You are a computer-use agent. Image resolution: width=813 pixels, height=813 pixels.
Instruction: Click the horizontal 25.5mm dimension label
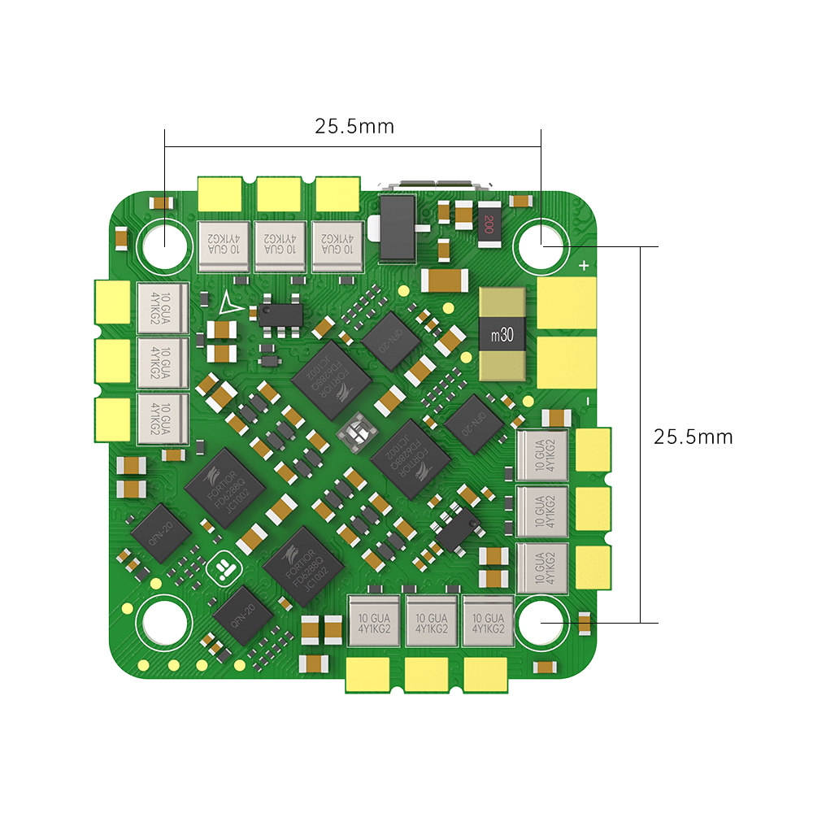354,126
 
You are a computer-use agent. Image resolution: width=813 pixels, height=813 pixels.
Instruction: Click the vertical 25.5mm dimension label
693,437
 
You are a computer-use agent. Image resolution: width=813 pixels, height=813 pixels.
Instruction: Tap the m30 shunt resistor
501,335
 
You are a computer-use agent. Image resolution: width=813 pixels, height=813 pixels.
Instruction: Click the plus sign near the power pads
584,265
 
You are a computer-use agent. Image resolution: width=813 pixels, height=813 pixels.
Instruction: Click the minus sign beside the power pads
587,402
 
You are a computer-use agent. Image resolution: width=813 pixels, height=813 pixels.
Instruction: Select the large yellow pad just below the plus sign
567,302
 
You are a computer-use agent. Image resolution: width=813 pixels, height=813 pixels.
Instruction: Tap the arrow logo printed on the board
229,302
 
